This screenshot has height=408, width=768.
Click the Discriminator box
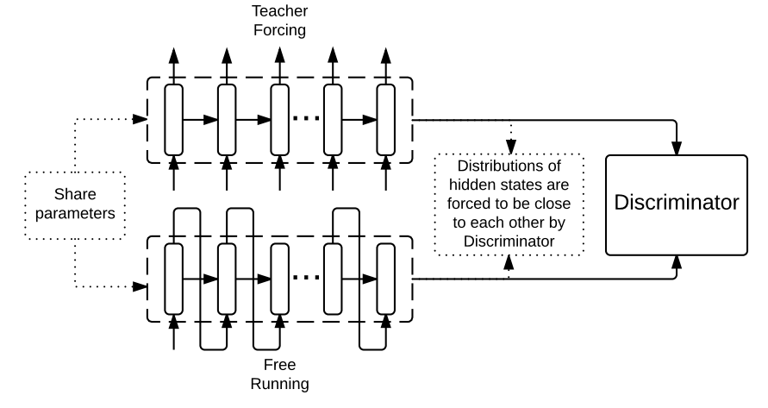click(676, 204)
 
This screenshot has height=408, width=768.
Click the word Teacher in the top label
click(279, 11)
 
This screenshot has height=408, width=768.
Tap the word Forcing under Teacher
click(279, 29)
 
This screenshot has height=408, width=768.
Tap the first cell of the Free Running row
click(174, 279)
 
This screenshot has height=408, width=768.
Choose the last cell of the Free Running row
click(385, 279)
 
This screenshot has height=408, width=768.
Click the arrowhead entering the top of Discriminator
click(677, 149)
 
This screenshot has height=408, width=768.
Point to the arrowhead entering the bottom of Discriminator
click(677, 261)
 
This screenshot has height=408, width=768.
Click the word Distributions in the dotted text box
click(509, 166)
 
